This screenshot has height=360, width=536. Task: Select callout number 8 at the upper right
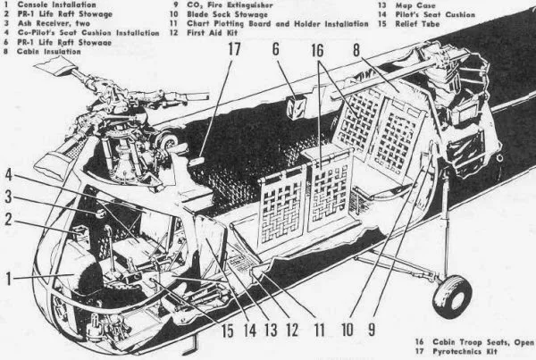[356, 52]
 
